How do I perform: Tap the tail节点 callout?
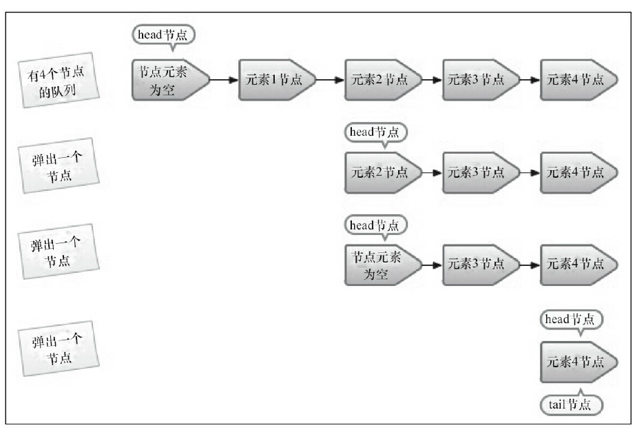point(571,404)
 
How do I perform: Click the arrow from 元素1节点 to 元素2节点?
point(330,79)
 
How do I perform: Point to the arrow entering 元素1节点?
point(224,79)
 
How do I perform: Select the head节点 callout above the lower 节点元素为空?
point(375,225)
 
